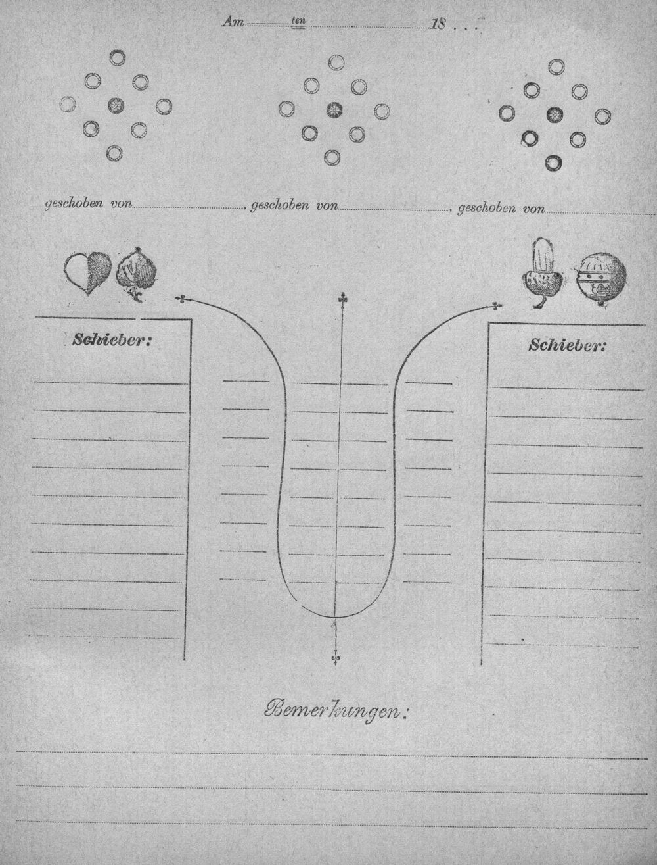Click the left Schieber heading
pyautogui.click(x=112, y=339)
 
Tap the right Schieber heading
pyautogui.click(x=567, y=345)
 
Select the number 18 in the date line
pyautogui.click(x=438, y=24)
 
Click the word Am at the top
pyautogui.click(x=233, y=22)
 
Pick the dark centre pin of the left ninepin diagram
pyautogui.click(x=116, y=105)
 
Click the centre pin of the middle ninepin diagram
pyautogui.click(x=334, y=110)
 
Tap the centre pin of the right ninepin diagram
pyautogui.click(x=555, y=114)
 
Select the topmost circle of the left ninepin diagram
pyautogui.click(x=117, y=58)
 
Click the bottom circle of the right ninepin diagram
pyautogui.click(x=554, y=162)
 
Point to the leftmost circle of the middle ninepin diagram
pyautogui.click(x=286, y=109)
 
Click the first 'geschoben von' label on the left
pyautogui.click(x=89, y=205)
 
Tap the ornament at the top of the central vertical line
pyautogui.click(x=340, y=299)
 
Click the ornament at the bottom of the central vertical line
pyautogui.click(x=336, y=658)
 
